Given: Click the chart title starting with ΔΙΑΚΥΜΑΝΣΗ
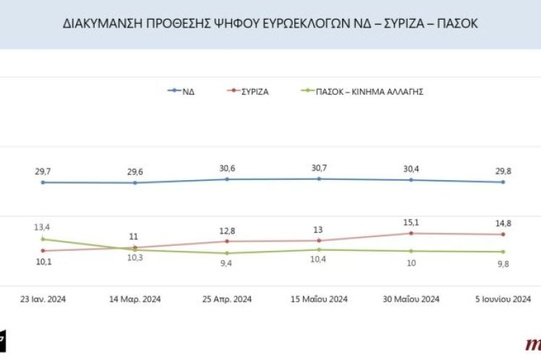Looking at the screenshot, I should pyautogui.click(x=270, y=24).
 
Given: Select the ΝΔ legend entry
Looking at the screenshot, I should pyautogui.click(x=187, y=92).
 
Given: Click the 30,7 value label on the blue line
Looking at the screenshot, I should pyautogui.click(x=319, y=168).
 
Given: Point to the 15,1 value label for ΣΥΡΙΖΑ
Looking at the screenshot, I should pyautogui.click(x=411, y=222).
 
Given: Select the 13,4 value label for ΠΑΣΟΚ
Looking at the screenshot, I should pyautogui.click(x=43, y=227).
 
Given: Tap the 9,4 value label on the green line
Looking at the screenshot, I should pyautogui.click(x=226, y=264).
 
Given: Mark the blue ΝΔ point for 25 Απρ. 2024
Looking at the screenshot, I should pyautogui.click(x=226, y=179).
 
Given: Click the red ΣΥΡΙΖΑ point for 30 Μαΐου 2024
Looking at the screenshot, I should pyautogui.click(x=411, y=233).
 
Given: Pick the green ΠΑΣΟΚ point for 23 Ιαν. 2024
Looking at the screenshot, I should pyautogui.click(x=43, y=239).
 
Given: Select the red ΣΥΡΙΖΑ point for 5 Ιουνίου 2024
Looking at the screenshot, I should pyautogui.click(x=503, y=234).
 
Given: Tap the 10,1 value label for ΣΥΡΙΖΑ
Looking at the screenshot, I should pyautogui.click(x=43, y=262).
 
